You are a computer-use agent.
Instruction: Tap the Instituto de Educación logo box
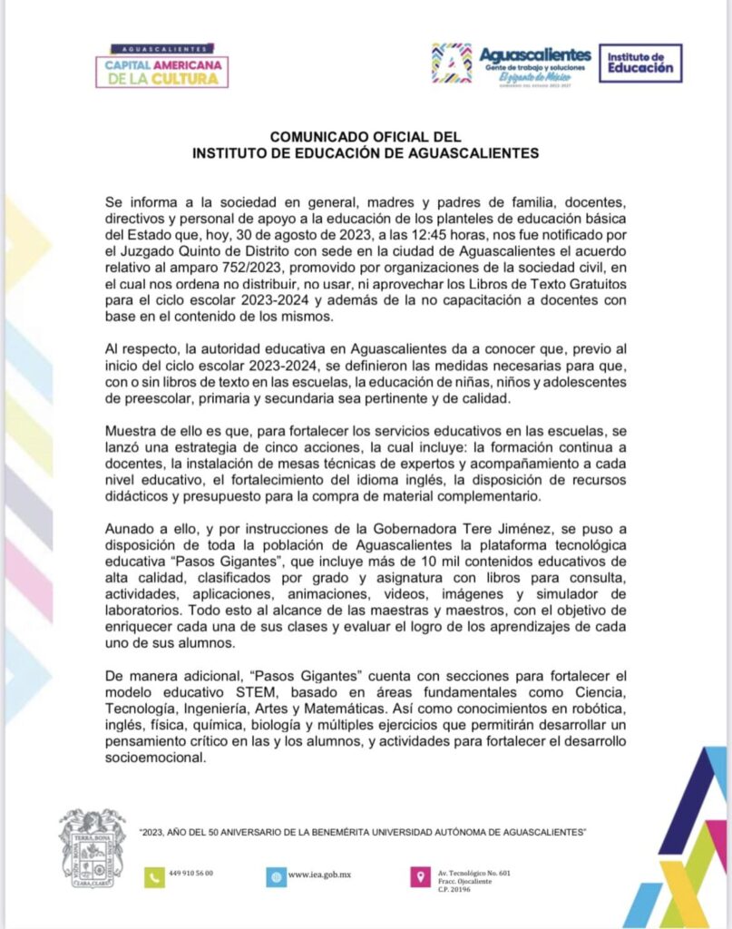coord(640,63)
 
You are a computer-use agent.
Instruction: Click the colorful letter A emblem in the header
coord(451,63)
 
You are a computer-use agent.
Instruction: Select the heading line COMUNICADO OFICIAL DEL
coord(366,137)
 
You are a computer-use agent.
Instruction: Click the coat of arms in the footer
coord(92,847)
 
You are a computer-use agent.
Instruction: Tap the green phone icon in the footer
coord(153,876)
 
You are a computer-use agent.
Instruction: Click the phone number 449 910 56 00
coord(191,873)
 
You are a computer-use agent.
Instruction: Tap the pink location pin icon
coord(419,876)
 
